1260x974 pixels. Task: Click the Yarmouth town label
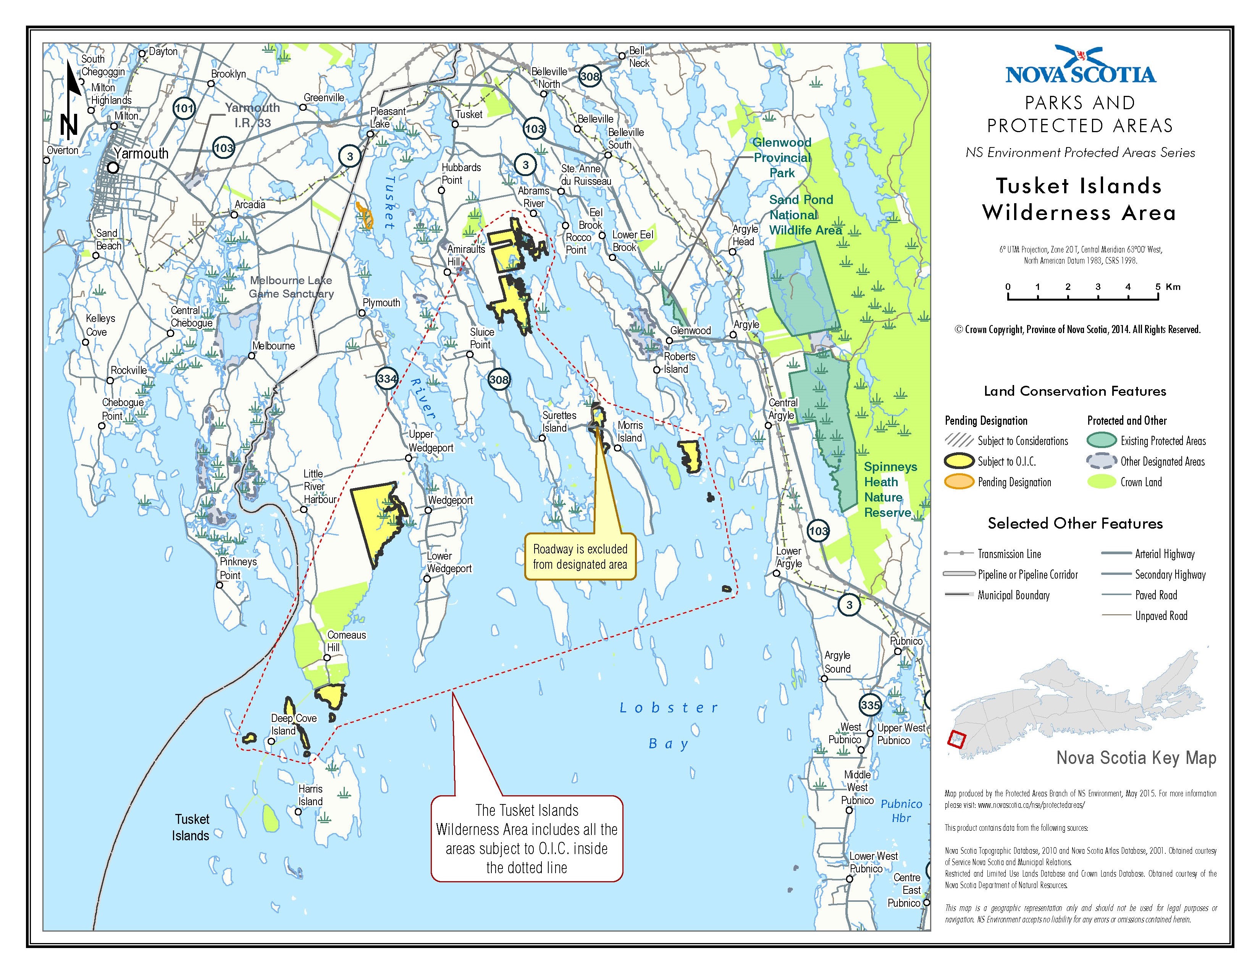pyautogui.click(x=141, y=154)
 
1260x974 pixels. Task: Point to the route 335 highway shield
pyautogui.click(x=870, y=705)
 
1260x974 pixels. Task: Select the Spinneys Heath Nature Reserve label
pyautogui.click(x=888, y=489)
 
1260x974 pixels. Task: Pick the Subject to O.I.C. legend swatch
pyautogui.click(x=958, y=461)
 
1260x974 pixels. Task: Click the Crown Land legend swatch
pyautogui.click(x=1101, y=482)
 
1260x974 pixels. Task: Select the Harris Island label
pyautogui.click(x=310, y=795)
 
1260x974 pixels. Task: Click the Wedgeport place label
pyautogui.click(x=450, y=500)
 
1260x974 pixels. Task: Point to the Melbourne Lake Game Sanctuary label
pyautogui.click(x=291, y=287)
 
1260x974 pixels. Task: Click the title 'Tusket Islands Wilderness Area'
pyautogui.click(x=1079, y=199)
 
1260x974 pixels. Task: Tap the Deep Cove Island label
pyautogui.click(x=293, y=724)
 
